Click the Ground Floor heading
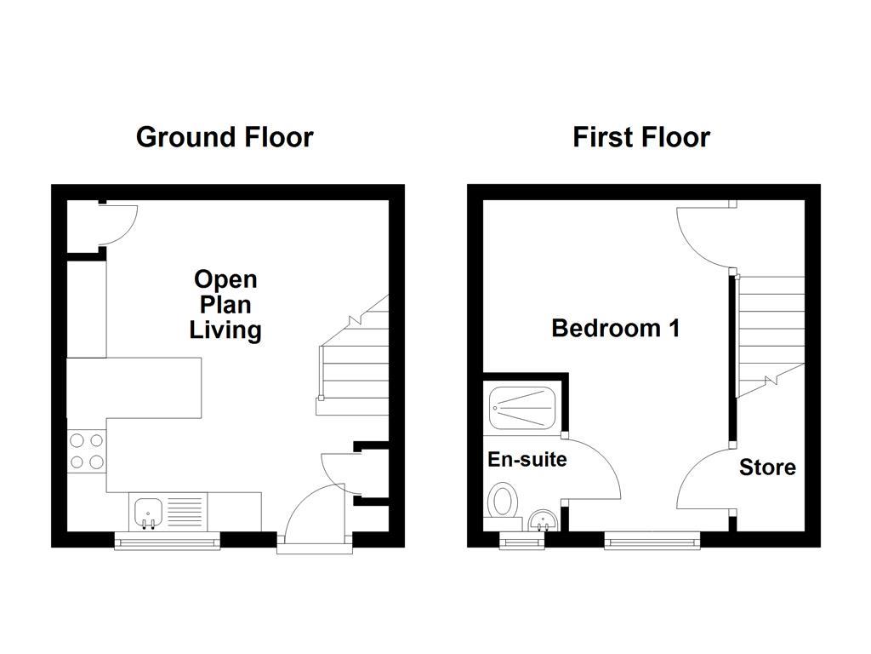(x=225, y=137)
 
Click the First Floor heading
(x=640, y=137)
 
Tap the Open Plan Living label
(x=225, y=305)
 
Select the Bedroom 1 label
(x=615, y=329)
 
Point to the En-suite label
(x=527, y=460)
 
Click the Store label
(x=767, y=468)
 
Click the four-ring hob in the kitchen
(x=86, y=451)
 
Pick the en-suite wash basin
(x=541, y=519)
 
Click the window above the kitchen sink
(x=168, y=541)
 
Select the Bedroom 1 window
(x=652, y=539)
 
